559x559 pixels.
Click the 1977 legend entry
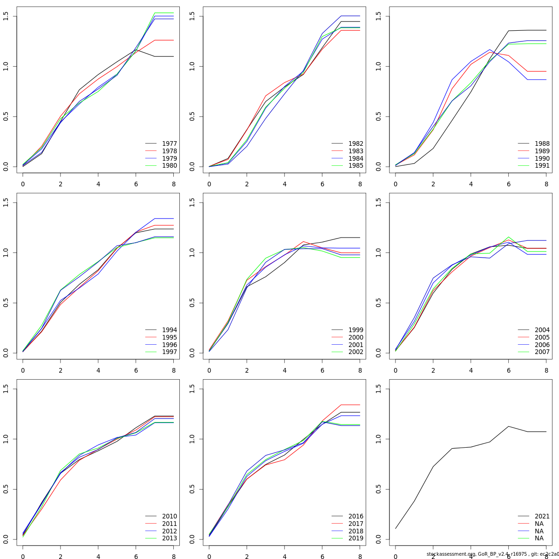169,144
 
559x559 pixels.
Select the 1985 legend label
355,166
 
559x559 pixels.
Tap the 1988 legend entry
542,144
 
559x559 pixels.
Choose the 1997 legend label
169,352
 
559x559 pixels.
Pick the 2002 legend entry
355,352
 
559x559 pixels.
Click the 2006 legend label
542,345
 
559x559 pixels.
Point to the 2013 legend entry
169,539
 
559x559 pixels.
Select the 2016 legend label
355,517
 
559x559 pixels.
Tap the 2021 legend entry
542,517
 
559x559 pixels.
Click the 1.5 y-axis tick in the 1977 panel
6,16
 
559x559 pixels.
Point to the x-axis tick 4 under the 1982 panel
285,184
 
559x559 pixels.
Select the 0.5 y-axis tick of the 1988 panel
378,116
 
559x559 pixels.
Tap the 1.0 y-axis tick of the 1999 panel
192,252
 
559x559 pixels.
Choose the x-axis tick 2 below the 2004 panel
433,370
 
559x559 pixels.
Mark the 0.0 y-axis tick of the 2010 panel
6,539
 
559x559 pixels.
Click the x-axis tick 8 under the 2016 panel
360,556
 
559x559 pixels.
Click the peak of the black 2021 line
509,426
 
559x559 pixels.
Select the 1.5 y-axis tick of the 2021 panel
378,389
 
